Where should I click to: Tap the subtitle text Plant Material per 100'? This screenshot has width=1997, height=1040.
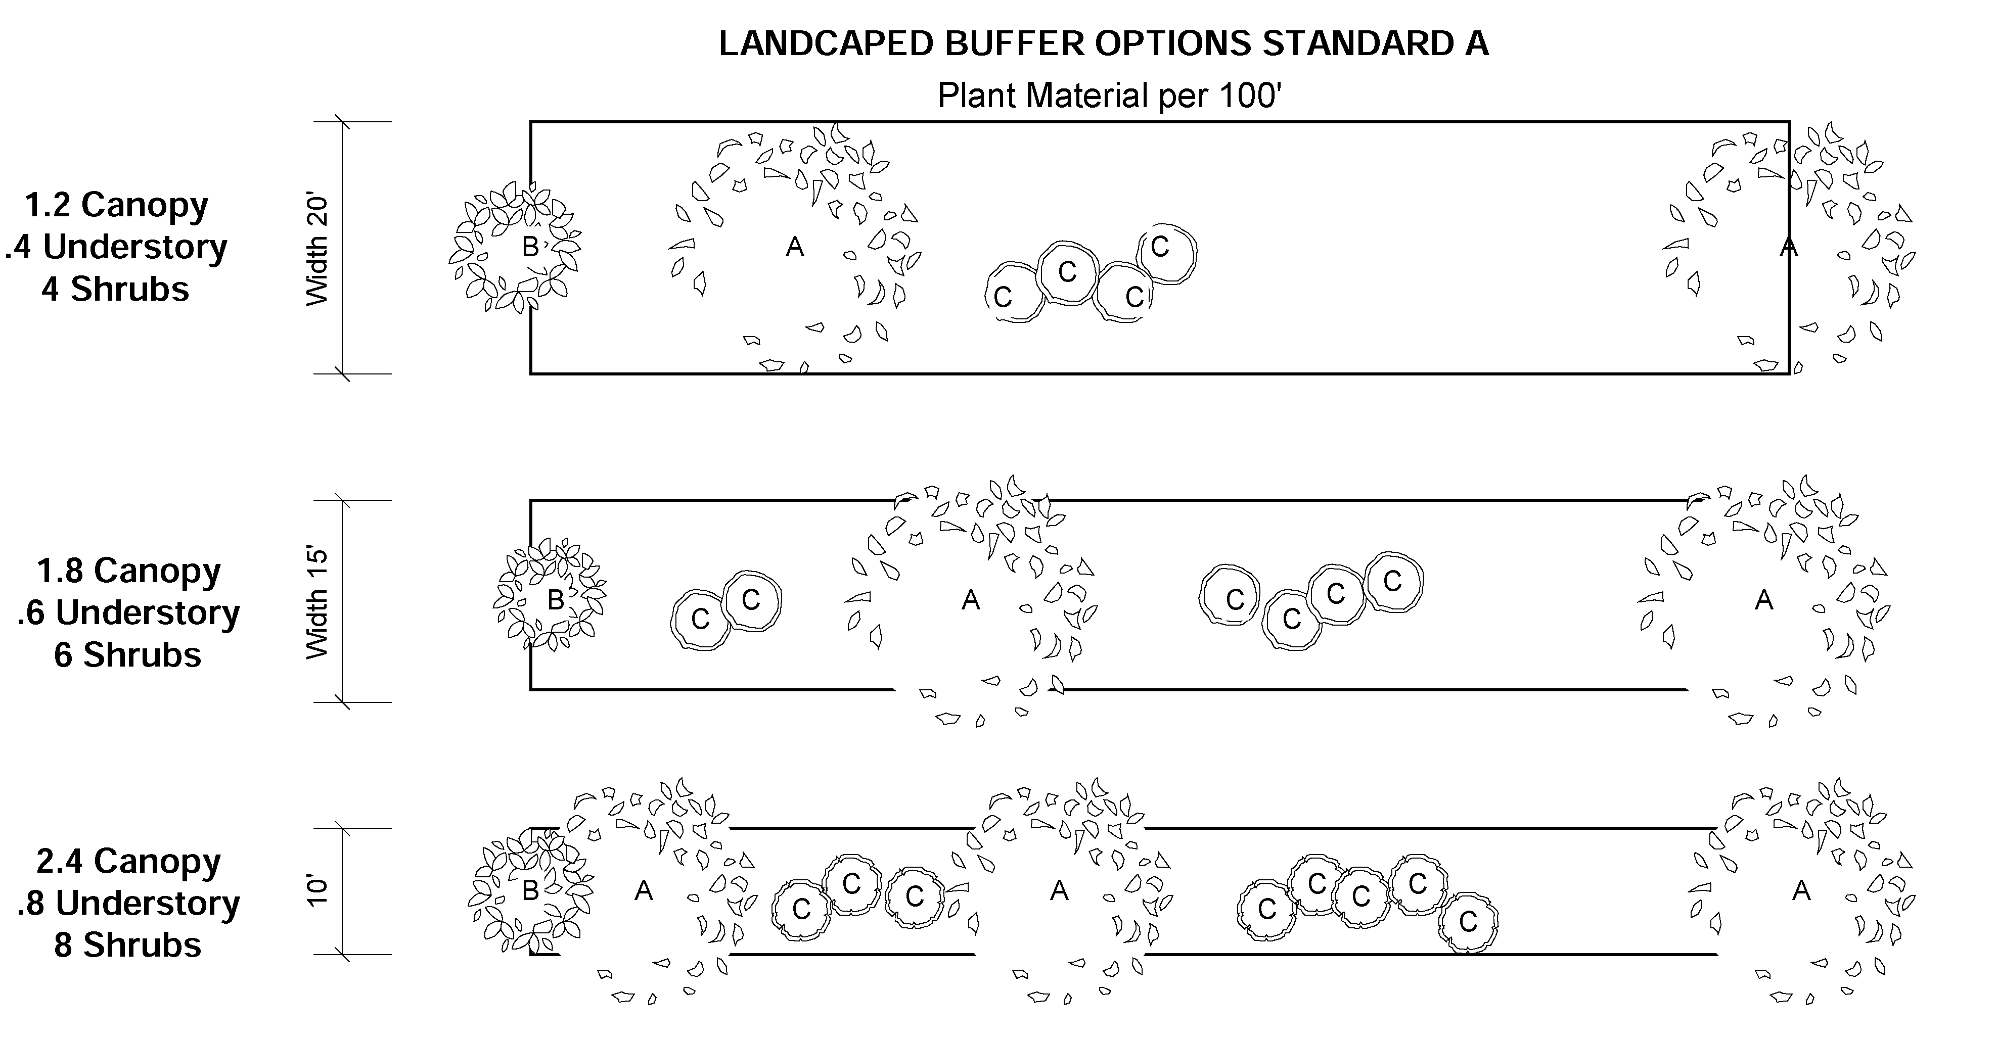pos(1109,96)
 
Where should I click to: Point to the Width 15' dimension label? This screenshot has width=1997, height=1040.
pos(318,602)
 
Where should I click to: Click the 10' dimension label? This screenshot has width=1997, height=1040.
pos(318,891)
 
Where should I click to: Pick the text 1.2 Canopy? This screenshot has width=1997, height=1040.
pos(116,205)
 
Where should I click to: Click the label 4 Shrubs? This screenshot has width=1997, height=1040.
pos(115,289)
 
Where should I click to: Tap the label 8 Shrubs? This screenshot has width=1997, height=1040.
pos(128,944)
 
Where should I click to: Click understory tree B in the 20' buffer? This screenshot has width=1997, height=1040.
pos(515,247)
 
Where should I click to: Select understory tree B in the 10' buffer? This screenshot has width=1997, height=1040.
pos(532,891)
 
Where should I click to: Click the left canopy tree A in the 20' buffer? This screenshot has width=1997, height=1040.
pos(795,247)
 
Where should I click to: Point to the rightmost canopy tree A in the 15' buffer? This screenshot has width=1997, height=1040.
pos(1763,600)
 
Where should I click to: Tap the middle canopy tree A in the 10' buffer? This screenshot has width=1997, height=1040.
pos(1059,891)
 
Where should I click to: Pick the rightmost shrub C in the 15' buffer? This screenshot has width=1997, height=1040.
pos(1393,581)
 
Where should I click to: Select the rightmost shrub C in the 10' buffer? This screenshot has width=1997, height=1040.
pos(1468,922)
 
